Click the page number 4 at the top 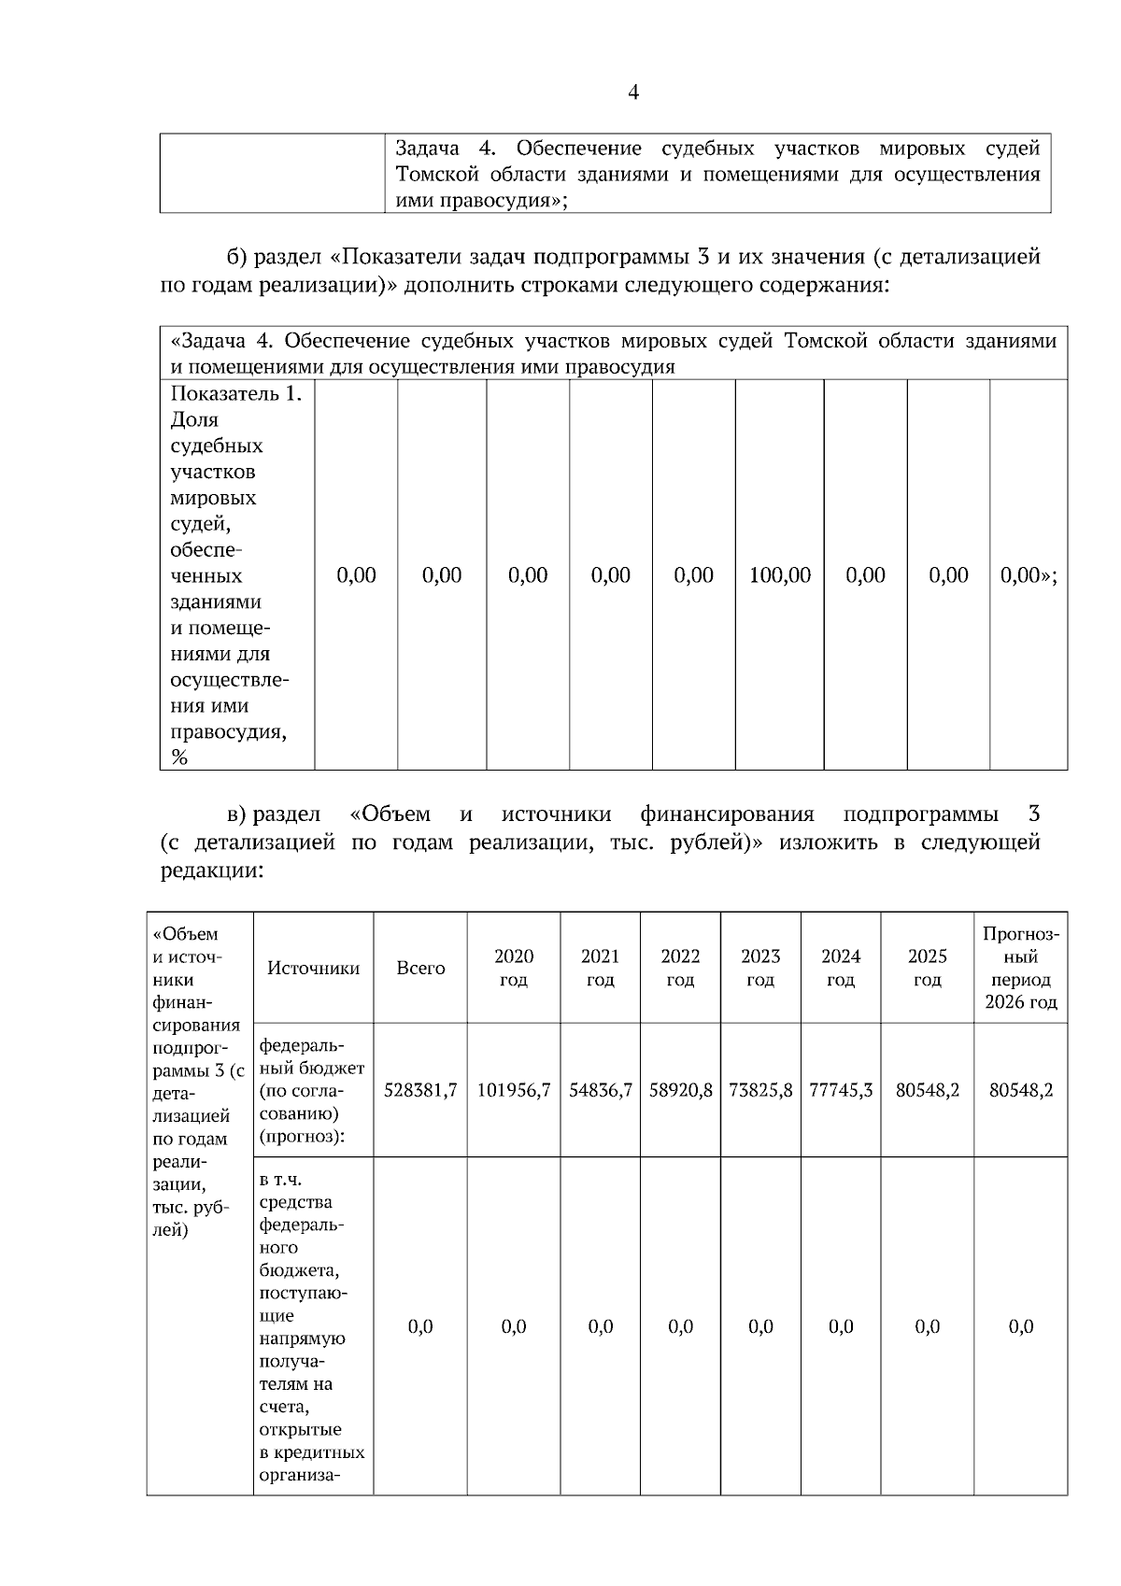click(x=633, y=92)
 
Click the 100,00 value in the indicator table click(x=779, y=575)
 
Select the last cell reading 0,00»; click(x=1028, y=575)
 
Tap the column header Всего click(x=420, y=969)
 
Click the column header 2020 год click(x=514, y=968)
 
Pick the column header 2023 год click(x=760, y=968)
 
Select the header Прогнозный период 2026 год click(x=1021, y=968)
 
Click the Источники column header click(x=313, y=969)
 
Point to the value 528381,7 click(x=420, y=1090)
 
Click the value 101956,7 click(x=514, y=1090)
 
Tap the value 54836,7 click(x=600, y=1090)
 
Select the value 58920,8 click(x=680, y=1090)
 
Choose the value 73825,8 click(x=760, y=1090)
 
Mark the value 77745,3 click(x=841, y=1090)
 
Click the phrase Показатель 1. click(x=236, y=394)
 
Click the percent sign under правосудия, click(x=179, y=758)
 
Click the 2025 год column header click(x=927, y=968)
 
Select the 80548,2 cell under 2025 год click(x=927, y=1090)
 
